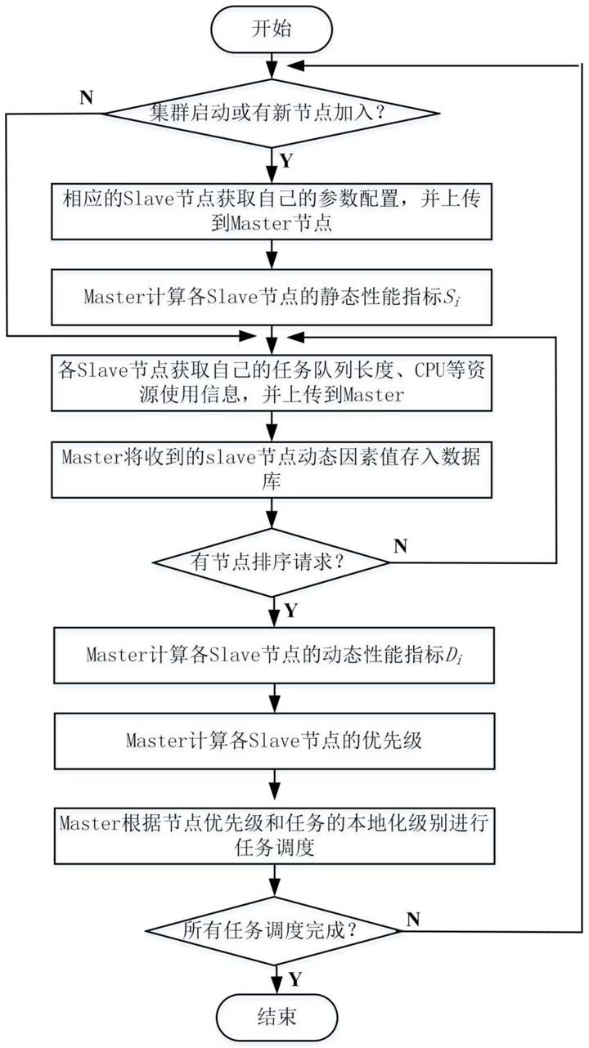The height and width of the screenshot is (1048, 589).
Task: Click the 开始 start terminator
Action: pos(272,29)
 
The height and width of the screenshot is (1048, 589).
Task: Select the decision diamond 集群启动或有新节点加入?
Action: pos(271,114)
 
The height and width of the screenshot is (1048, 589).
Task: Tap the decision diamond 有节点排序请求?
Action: pos(272,562)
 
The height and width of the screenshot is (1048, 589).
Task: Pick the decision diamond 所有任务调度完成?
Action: pos(274,930)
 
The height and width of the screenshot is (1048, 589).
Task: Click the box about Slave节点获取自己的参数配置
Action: pos(272,212)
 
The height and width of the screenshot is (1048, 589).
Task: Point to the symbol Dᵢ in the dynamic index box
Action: pos(454,656)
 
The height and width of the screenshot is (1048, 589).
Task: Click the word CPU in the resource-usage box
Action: pos(429,370)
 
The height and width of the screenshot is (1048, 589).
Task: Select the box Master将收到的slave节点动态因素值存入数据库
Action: pos(272,469)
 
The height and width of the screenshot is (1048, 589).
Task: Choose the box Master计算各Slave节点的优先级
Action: pos(274,741)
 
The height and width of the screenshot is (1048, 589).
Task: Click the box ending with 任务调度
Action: pos(274,835)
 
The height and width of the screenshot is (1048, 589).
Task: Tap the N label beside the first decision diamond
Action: pos(87,98)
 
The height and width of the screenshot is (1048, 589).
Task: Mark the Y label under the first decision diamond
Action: pos(286,160)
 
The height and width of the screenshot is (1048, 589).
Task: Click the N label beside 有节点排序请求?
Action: pos(400,545)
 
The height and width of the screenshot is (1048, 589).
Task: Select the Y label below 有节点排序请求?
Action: pos(290,610)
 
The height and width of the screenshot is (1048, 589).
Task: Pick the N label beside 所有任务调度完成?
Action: pos(413,920)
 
